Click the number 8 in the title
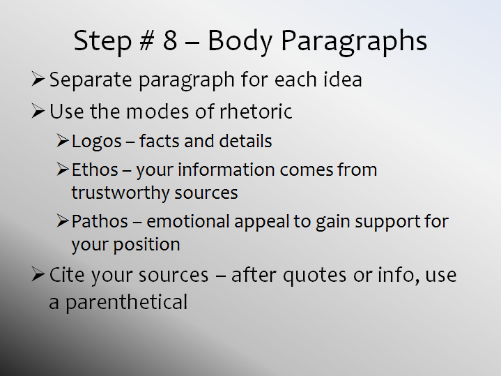170,40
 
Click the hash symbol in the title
147,40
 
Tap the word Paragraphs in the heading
354,43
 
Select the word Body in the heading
240,43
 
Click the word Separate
91,80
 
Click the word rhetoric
256,112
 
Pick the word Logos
97,142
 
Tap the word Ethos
95,170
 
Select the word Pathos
100,221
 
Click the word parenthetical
127,303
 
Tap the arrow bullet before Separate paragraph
38,79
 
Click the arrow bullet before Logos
63,141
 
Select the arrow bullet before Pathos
63,221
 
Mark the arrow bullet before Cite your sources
38,275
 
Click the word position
146,245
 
